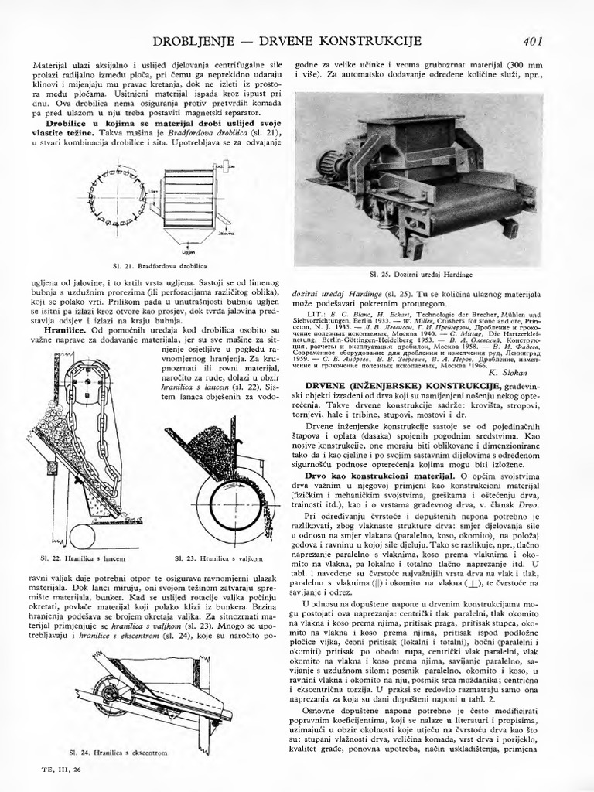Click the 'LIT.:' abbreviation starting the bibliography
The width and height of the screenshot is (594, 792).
316,315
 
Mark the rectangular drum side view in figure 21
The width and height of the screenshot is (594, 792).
187,196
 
